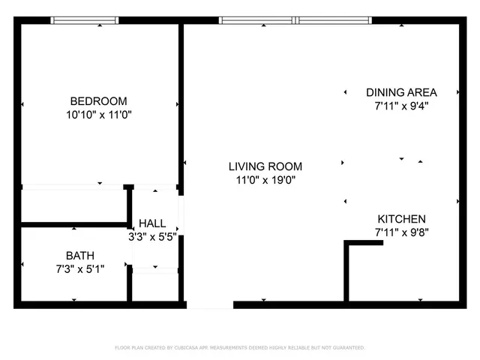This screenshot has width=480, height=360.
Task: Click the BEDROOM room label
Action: coord(98,101)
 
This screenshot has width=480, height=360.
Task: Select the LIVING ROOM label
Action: coord(265,166)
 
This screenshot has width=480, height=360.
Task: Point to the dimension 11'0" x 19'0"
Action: coord(265,180)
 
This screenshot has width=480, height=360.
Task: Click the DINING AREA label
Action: coord(401,92)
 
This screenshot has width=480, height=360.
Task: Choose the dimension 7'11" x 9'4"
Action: coord(401,106)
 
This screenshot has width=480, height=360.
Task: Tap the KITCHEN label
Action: coord(401,218)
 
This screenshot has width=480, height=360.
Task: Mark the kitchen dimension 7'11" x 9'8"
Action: coord(401,232)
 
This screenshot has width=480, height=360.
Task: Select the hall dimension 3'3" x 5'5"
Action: coord(155,237)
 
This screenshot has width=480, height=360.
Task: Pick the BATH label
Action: coord(80,255)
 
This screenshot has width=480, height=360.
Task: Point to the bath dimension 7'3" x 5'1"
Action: coord(80,268)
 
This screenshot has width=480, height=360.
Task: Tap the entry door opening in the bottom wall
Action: coord(210,304)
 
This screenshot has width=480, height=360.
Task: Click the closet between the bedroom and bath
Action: coord(73,205)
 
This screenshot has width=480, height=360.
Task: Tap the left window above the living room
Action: coord(257,21)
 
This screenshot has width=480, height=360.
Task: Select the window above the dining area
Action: coord(335,21)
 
